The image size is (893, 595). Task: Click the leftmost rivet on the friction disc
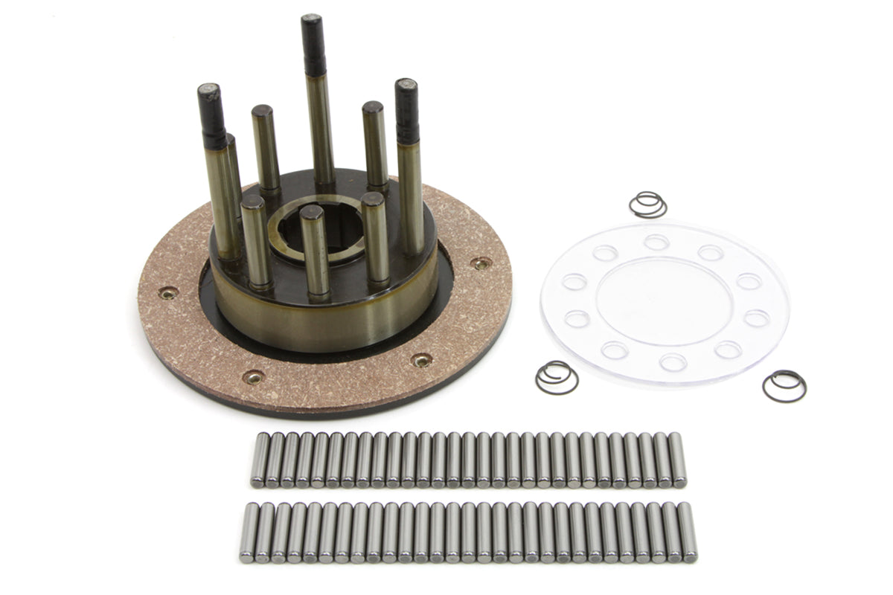(169, 292)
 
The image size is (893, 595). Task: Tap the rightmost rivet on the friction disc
(481, 263)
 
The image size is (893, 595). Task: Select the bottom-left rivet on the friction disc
(253, 376)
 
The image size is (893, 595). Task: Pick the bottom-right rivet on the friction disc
(422, 360)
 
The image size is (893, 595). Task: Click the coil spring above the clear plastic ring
(647, 205)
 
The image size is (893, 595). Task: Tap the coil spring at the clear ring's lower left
(556, 378)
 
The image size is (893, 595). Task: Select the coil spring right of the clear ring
(784, 385)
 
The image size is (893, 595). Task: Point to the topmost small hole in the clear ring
(656, 242)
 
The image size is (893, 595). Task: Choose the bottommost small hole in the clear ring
(673, 362)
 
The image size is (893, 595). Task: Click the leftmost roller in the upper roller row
(258, 460)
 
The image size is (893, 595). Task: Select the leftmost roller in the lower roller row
(249, 532)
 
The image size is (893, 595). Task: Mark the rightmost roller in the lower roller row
(688, 532)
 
